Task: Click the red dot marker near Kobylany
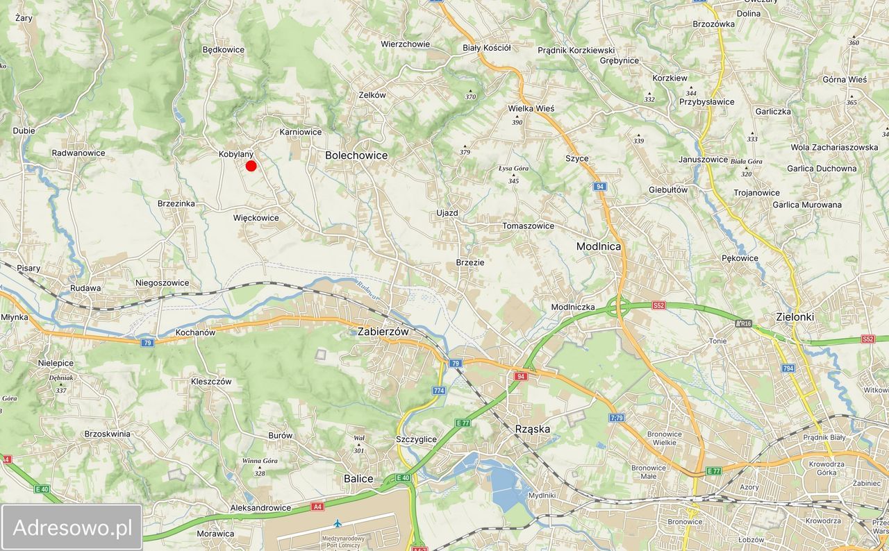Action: pos(251,165)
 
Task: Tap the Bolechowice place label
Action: pos(356,155)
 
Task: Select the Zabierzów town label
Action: pos(383,332)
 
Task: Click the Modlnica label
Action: pos(599,246)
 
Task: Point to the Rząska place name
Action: pos(533,429)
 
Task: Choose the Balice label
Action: pos(358,479)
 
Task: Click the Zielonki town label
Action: pos(795,317)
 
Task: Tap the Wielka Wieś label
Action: pos(531,108)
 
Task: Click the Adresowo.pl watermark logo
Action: pos(72,528)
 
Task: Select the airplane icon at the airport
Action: pos(338,523)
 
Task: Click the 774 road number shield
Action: pos(438,391)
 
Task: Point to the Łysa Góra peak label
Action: pos(514,169)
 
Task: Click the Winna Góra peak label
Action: pos(260,461)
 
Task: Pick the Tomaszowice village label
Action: pos(529,226)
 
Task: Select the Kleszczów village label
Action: pos(211,381)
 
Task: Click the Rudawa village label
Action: pos(85,288)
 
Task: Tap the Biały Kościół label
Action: pos(486,48)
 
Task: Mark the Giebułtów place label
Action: pos(668,189)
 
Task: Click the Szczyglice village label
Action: pos(415,439)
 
